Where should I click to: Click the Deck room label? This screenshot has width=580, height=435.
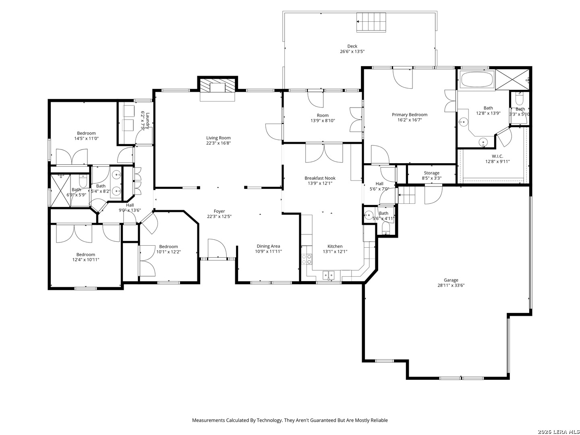[352, 46]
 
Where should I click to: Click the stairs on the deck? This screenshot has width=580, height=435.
[371, 22]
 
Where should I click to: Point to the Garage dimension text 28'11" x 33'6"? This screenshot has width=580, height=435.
[451, 285]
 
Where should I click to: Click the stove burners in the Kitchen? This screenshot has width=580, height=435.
[307, 259]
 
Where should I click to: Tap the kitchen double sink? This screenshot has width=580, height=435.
[328, 275]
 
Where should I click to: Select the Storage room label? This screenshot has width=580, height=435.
[431, 173]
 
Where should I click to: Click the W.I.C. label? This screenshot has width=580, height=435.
[497, 156]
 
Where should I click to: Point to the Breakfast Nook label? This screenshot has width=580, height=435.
[320, 178]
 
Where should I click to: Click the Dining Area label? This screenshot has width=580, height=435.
[268, 246]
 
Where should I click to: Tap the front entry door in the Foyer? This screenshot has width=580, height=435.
[217, 249]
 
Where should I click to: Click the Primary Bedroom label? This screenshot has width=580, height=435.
[409, 115]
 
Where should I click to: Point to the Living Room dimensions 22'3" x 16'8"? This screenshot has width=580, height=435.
[218, 143]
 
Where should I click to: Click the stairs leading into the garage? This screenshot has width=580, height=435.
[406, 195]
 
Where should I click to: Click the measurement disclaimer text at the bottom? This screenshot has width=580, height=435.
[290, 420]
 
